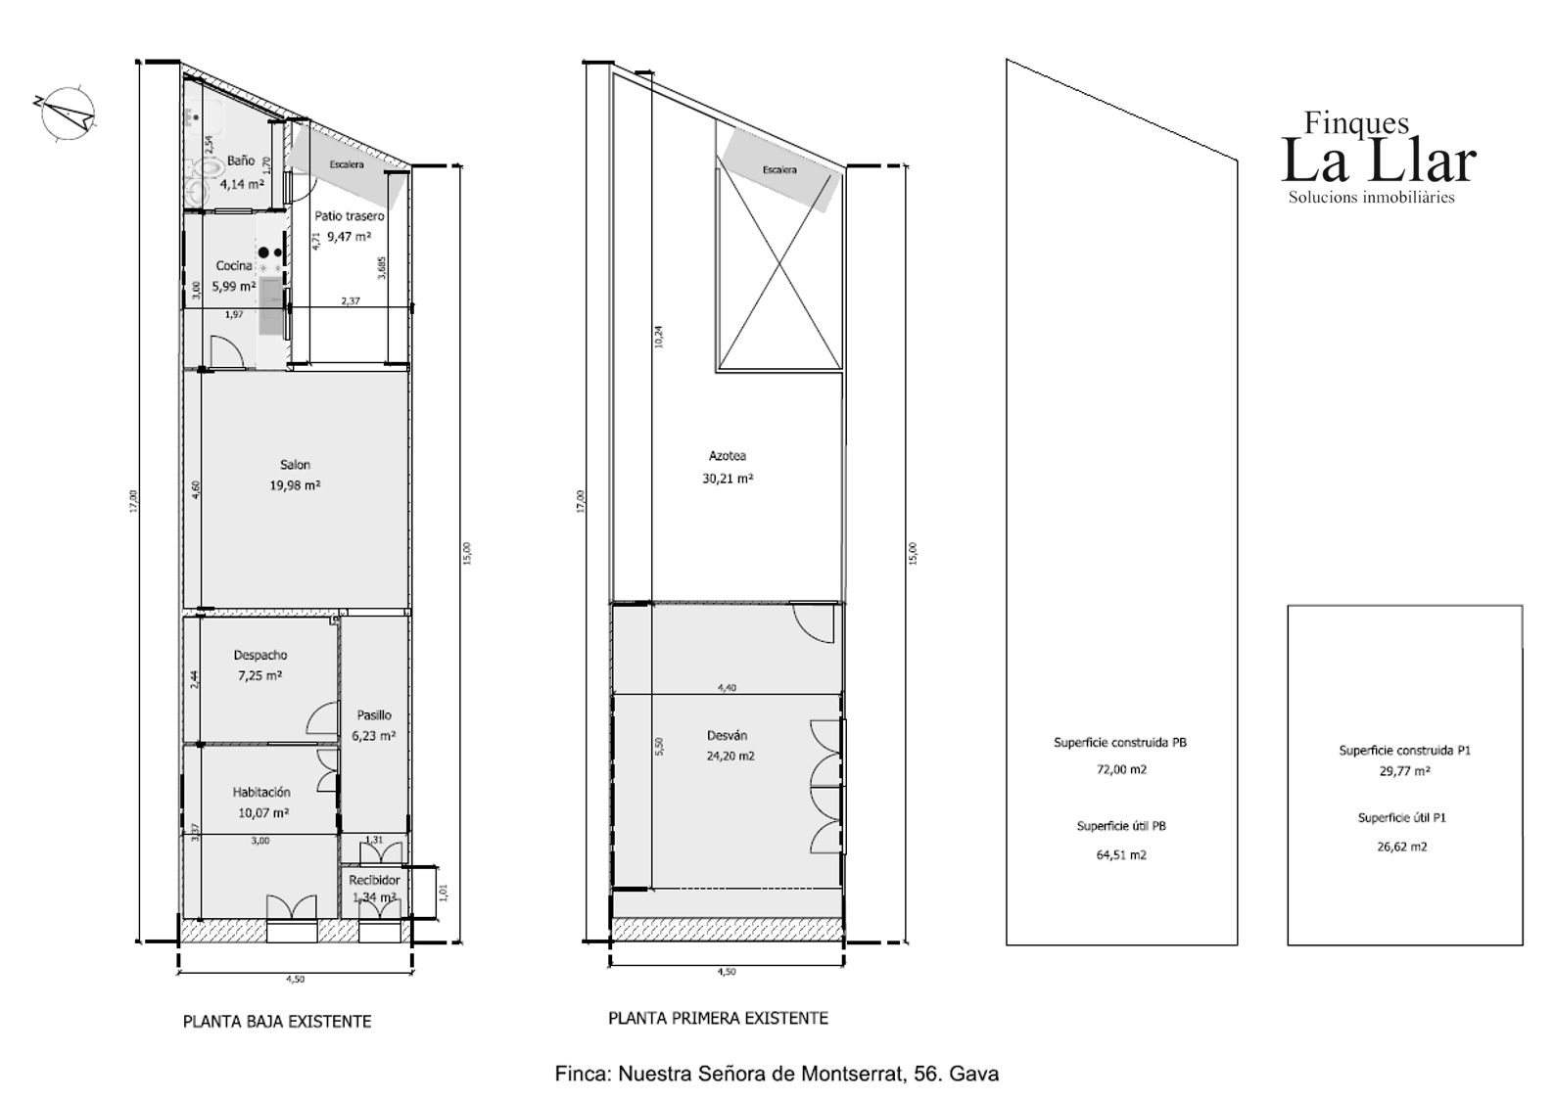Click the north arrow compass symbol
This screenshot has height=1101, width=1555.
click(x=67, y=111)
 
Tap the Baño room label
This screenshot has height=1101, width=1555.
click(x=241, y=161)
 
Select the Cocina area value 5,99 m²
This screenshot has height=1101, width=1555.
click(x=234, y=287)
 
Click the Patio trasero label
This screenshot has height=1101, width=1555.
click(x=350, y=216)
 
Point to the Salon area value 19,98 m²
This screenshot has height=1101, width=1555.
click(x=296, y=485)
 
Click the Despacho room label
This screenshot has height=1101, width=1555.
click(x=260, y=656)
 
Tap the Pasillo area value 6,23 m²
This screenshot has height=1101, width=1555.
click(x=374, y=736)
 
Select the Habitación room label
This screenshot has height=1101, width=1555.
click(x=261, y=793)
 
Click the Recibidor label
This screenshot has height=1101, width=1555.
click(x=374, y=881)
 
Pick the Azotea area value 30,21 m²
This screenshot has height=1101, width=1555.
click(x=729, y=480)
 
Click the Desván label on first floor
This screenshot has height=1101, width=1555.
click(x=727, y=736)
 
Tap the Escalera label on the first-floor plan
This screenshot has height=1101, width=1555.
click(x=779, y=170)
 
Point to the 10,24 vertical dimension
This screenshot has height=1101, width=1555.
click(x=659, y=336)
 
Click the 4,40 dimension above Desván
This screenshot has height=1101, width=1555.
click(x=727, y=688)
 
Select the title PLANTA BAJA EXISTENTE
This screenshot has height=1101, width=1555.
click(x=277, y=1022)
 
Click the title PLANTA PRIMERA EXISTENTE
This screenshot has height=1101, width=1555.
click(x=718, y=1019)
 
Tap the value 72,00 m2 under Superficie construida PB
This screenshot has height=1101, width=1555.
click(x=1121, y=770)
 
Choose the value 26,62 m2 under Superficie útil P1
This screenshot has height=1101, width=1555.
click(x=1402, y=847)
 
